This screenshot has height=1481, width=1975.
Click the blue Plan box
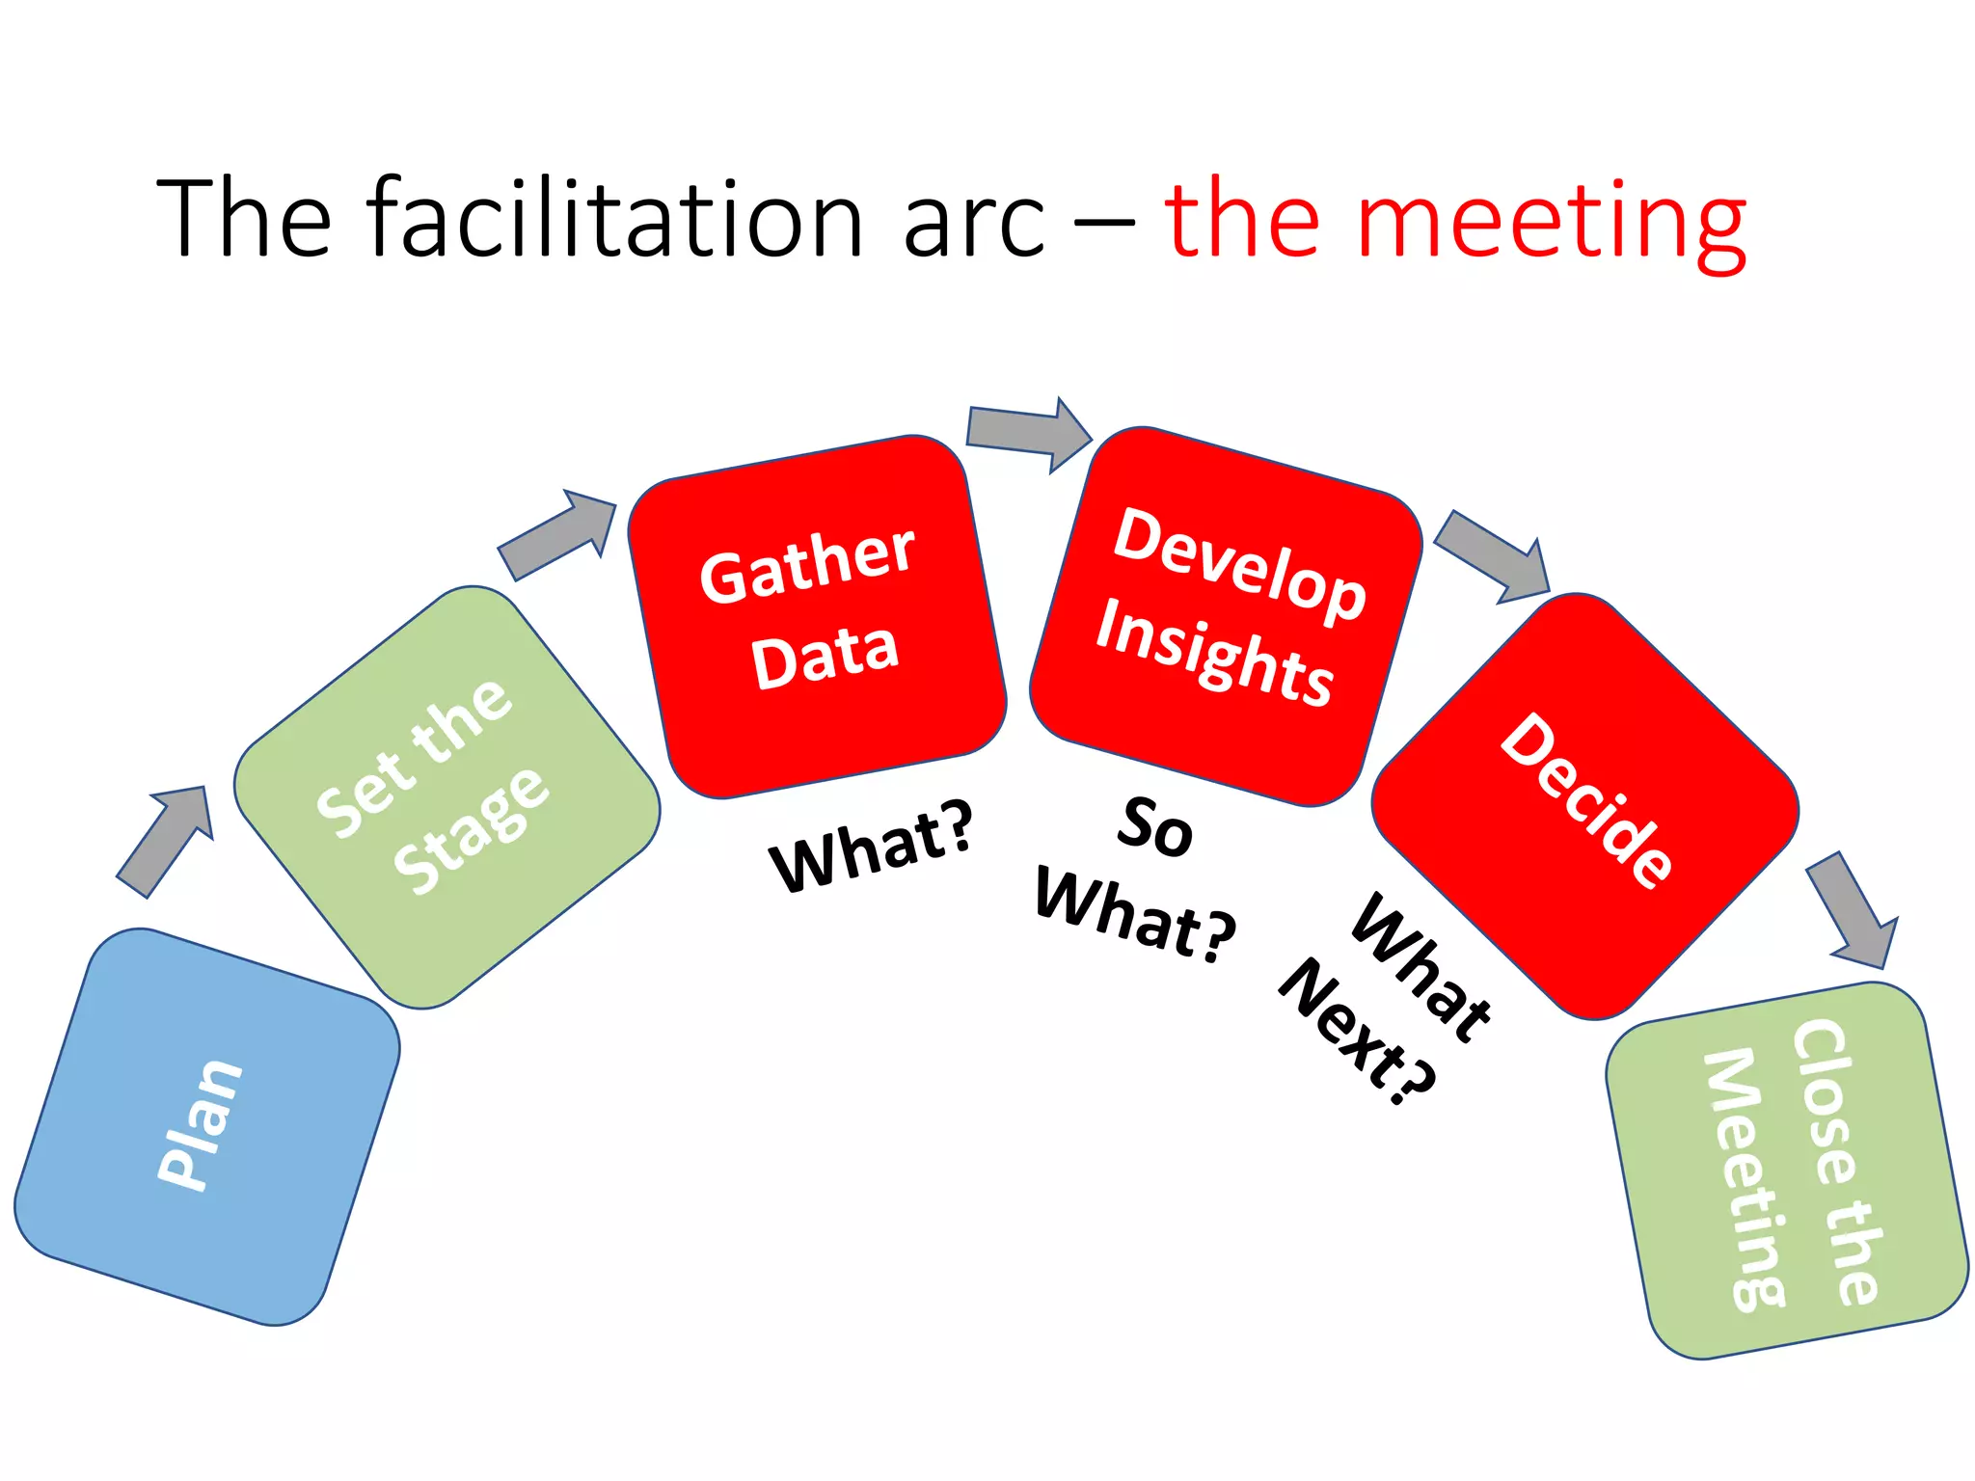click(206, 1126)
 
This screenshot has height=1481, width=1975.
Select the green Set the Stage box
click(446, 796)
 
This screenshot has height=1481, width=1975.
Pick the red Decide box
click(1584, 806)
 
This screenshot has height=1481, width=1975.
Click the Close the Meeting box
click(1786, 1169)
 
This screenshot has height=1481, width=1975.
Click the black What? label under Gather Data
click(871, 846)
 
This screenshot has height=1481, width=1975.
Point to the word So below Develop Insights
click(1154, 826)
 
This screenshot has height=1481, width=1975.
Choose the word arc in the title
click(974, 222)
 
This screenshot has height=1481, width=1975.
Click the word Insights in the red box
click(1214, 652)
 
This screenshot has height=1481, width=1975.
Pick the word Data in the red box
click(825, 655)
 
